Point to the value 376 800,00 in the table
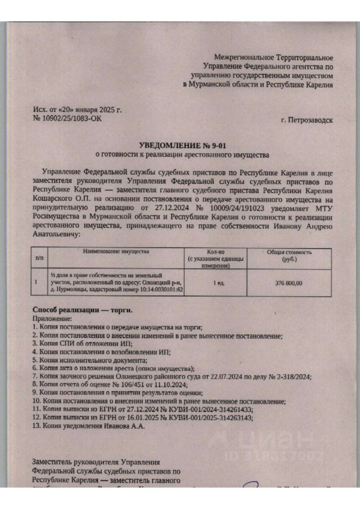point(289,283)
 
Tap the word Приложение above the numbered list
point(51,318)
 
